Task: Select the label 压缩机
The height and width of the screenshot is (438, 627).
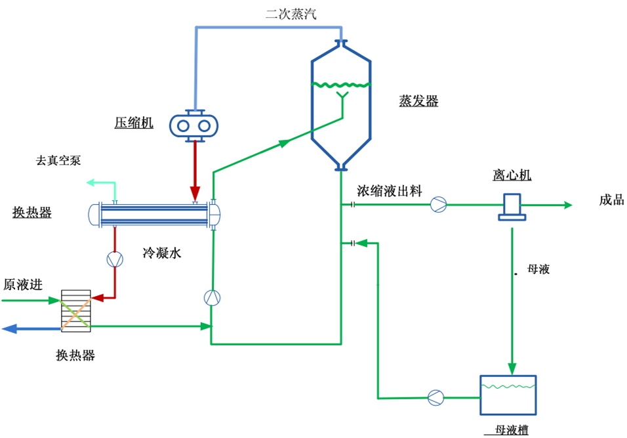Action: [134, 123]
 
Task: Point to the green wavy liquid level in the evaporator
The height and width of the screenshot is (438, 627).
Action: [340, 85]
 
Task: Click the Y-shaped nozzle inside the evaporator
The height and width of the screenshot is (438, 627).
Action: [341, 99]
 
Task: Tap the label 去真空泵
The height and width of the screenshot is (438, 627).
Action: [58, 160]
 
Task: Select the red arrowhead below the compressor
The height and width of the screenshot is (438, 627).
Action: [195, 195]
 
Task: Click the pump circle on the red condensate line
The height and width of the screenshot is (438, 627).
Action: [115, 259]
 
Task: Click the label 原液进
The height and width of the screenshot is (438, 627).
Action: [23, 284]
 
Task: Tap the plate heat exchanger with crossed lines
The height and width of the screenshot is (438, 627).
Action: [75, 309]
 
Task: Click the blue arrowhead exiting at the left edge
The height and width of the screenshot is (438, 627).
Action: [9, 328]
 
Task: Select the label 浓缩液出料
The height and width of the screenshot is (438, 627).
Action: [390, 191]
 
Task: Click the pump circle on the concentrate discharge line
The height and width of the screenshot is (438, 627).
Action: [438, 205]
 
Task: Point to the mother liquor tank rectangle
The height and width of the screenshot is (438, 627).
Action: [508, 395]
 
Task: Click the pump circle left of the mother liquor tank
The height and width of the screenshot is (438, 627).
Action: [435, 397]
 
